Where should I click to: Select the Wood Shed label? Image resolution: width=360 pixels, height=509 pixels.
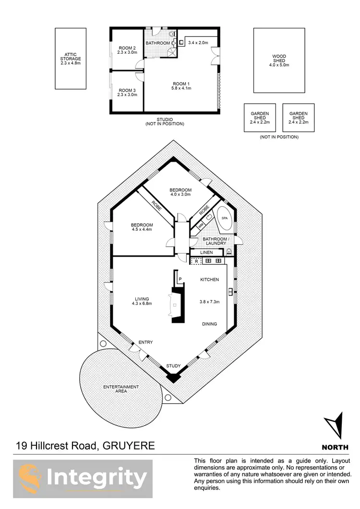[279, 60]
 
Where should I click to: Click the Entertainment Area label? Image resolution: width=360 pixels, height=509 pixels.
[121, 389]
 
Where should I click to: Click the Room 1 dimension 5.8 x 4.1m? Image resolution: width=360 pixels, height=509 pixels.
[181, 88]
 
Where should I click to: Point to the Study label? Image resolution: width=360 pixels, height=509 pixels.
[173, 366]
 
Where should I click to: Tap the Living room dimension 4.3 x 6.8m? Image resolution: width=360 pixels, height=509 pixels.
[143, 303]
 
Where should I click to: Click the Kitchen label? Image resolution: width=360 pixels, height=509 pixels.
[209, 280]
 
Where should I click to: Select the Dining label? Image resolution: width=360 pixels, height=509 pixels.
[209, 324]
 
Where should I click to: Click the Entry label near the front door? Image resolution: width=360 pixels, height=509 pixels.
[145, 342]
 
